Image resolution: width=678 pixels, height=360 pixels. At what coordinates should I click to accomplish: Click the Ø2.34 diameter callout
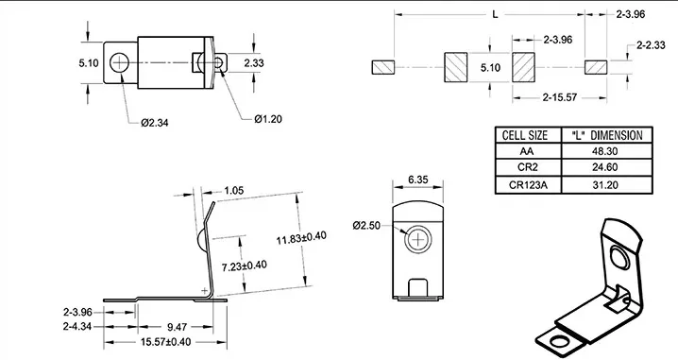click(154, 123)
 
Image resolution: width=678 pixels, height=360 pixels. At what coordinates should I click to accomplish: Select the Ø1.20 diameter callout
click(268, 119)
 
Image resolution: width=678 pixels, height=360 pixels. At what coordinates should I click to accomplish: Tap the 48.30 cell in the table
click(605, 151)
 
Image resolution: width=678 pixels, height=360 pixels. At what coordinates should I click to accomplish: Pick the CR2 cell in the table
click(528, 167)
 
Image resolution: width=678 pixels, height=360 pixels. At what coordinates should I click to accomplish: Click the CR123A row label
click(528, 185)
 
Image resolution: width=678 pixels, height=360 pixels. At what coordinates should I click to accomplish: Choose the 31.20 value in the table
click(605, 185)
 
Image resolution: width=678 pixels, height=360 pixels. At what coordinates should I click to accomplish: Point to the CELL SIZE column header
click(525, 135)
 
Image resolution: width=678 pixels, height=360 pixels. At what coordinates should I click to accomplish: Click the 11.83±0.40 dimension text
click(301, 237)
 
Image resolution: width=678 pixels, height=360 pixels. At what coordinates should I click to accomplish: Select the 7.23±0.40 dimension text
click(245, 266)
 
